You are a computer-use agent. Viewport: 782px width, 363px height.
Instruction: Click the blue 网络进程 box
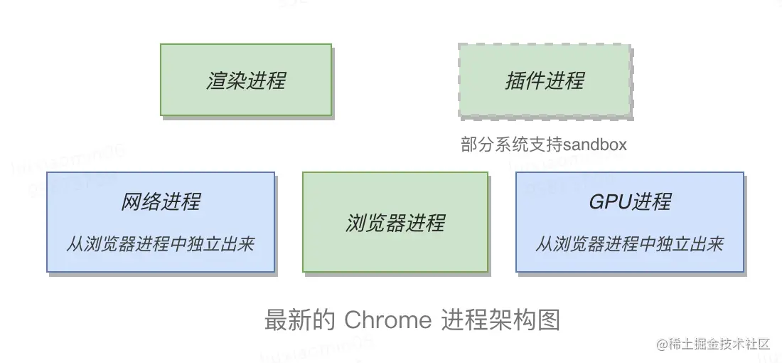point(161,222)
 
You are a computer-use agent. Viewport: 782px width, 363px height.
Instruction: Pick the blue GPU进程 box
point(630,222)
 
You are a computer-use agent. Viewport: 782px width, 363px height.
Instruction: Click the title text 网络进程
point(161,202)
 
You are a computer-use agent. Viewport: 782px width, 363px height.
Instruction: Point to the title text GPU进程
point(630,202)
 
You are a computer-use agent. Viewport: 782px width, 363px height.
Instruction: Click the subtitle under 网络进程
point(161,244)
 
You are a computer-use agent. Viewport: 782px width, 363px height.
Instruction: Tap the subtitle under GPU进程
point(630,244)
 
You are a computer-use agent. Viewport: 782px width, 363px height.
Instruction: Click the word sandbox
point(595,144)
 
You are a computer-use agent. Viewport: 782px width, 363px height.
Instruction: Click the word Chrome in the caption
point(387,320)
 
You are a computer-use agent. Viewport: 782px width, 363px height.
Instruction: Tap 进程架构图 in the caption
point(500,320)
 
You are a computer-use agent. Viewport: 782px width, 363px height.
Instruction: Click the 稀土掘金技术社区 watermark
point(719,344)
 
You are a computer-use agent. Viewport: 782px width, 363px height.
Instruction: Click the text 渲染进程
point(246,80)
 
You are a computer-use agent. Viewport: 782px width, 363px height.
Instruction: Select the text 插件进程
point(545,80)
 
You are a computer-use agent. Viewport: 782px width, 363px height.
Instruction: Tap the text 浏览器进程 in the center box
point(395,223)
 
